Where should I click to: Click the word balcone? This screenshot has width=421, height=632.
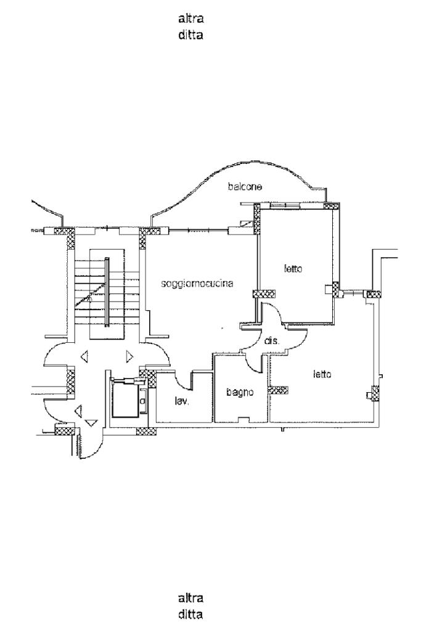[x=245, y=186]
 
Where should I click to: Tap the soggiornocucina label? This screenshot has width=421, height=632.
[x=197, y=284]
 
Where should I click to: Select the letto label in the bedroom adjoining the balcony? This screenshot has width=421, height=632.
[x=293, y=269]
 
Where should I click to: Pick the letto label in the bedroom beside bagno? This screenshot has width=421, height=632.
[x=322, y=374]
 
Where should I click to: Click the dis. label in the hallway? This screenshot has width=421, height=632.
[x=272, y=341]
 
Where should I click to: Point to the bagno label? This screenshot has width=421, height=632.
[x=237, y=391]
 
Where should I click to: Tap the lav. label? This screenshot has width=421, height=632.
[x=181, y=401]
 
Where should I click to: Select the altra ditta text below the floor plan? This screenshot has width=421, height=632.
[x=190, y=605]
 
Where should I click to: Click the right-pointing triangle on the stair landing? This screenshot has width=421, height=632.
[x=129, y=356]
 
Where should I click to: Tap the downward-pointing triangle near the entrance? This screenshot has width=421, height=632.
[x=92, y=422]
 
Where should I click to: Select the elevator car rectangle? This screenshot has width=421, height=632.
[x=125, y=400]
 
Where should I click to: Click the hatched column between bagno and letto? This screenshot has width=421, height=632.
[x=279, y=390]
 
